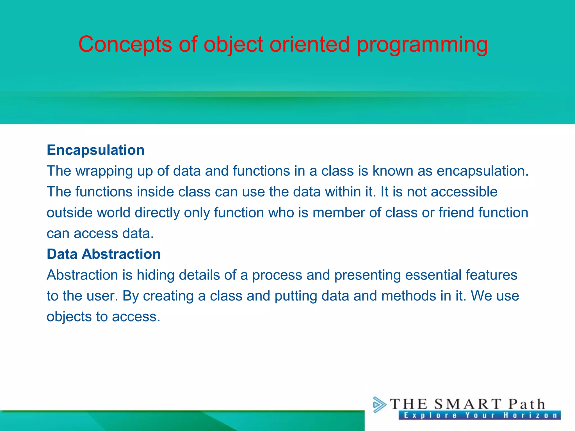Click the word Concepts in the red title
[x=125, y=44]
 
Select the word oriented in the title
[x=309, y=44]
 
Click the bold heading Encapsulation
[x=95, y=150]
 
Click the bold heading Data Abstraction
[x=104, y=254]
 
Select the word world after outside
[x=113, y=212]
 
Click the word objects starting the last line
[x=69, y=317]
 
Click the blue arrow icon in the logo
[x=379, y=404]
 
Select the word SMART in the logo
[x=467, y=404]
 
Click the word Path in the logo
[x=527, y=404]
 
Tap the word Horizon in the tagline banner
[x=530, y=415]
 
